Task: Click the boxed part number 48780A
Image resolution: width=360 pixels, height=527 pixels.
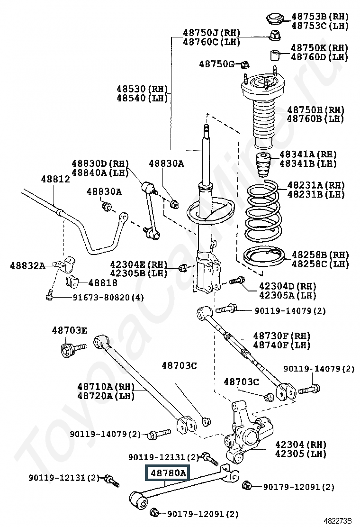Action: pyautogui.click(x=169, y=472)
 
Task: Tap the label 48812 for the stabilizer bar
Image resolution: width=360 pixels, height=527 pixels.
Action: pyautogui.click(x=55, y=179)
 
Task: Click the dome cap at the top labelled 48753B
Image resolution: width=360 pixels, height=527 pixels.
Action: pyautogui.click(x=274, y=19)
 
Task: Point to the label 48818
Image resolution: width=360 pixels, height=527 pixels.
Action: pyautogui.click(x=103, y=283)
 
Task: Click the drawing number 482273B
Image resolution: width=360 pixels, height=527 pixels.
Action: pyautogui.click(x=338, y=520)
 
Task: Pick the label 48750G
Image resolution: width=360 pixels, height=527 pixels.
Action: pyautogui.click(x=216, y=64)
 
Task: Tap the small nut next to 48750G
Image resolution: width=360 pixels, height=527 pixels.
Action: pyautogui.click(x=245, y=64)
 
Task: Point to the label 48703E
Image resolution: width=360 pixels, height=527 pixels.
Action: pyautogui.click(x=70, y=330)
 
